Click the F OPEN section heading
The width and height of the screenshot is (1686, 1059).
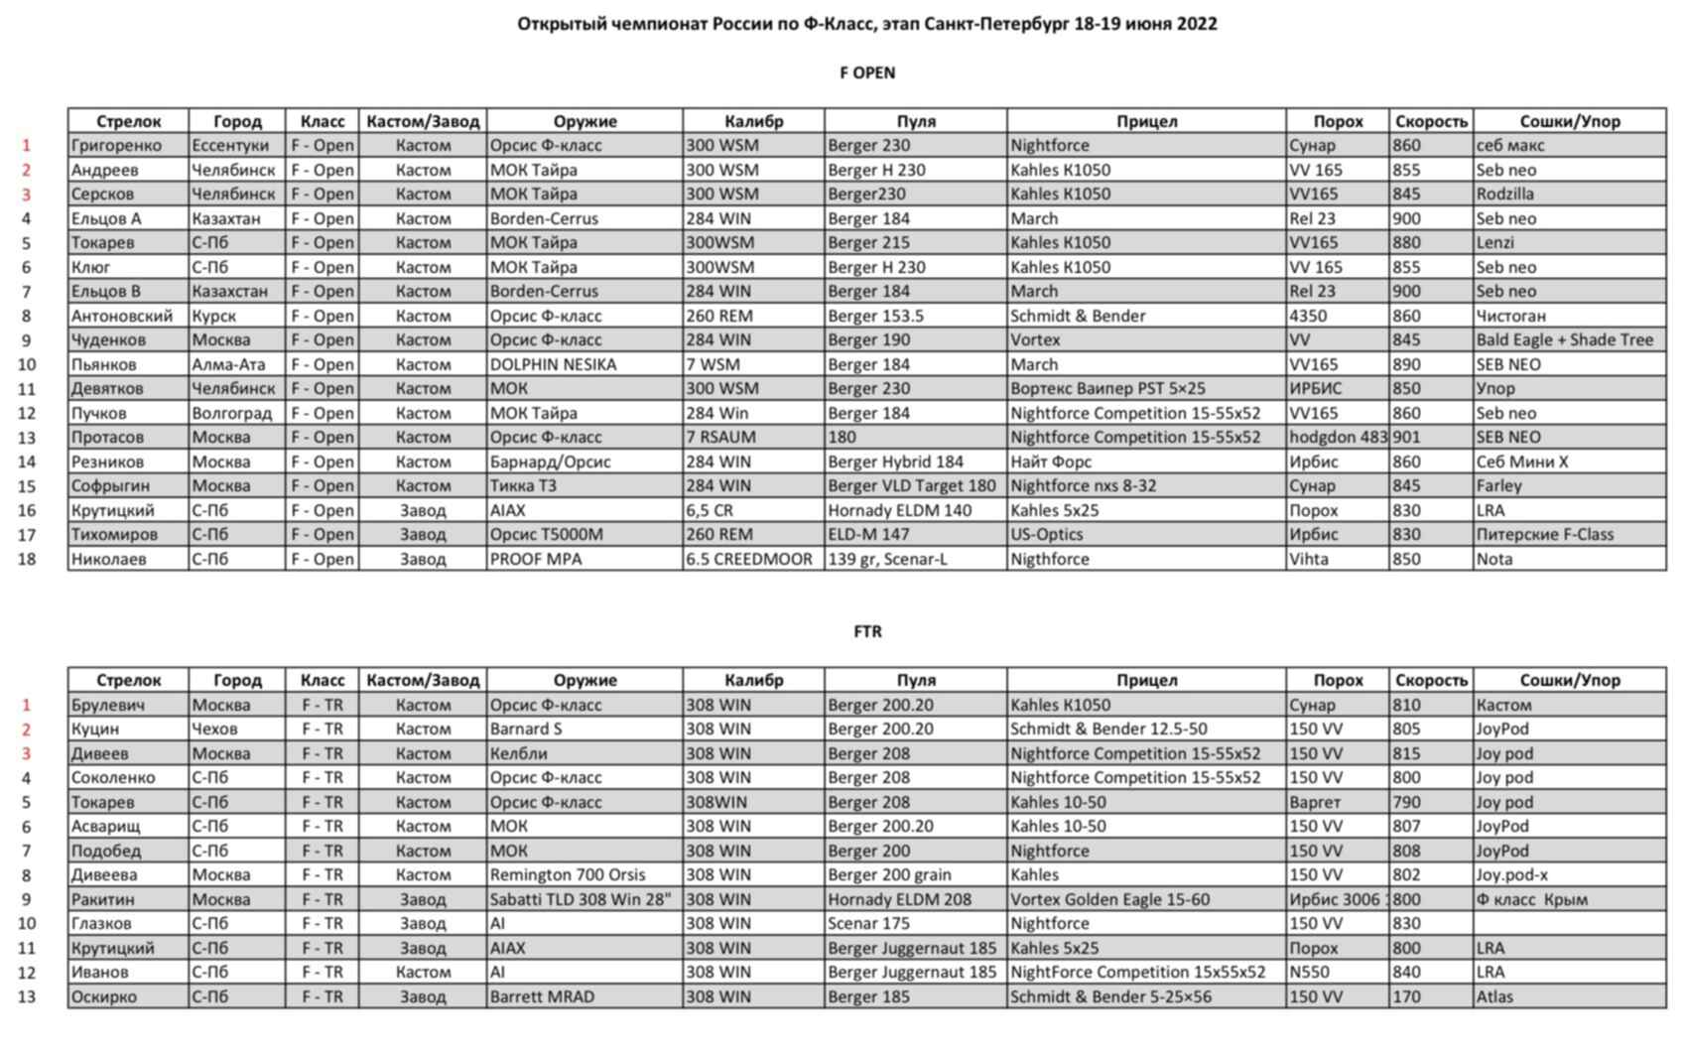click(x=866, y=72)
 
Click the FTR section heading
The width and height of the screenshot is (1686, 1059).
click(x=866, y=631)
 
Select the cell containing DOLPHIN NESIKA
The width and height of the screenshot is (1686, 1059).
click(x=553, y=364)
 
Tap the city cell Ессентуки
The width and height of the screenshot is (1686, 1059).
click(x=230, y=145)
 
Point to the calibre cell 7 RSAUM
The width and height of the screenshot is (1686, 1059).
click(x=720, y=437)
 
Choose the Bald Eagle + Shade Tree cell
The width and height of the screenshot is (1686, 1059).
click(x=1564, y=339)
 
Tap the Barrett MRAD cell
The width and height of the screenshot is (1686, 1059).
click(x=542, y=996)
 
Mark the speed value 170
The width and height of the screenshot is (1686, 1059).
click(x=1406, y=996)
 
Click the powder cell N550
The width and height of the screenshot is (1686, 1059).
click(x=1309, y=972)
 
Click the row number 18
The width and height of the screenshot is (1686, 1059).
click(x=27, y=559)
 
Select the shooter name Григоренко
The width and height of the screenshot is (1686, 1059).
click(x=116, y=145)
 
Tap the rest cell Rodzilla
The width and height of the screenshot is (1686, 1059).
click(x=1504, y=194)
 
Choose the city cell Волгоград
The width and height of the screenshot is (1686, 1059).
click(x=231, y=413)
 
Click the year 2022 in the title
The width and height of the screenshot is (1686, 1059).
click(x=1197, y=24)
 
